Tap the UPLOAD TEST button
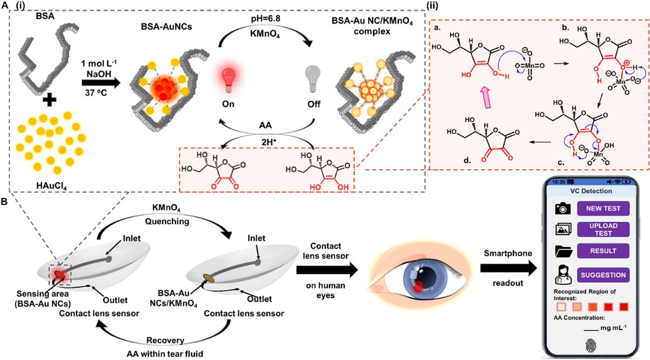pyautogui.click(x=603, y=230)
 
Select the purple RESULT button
pyautogui.click(x=603, y=251)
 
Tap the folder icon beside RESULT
pyautogui.click(x=561, y=251)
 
